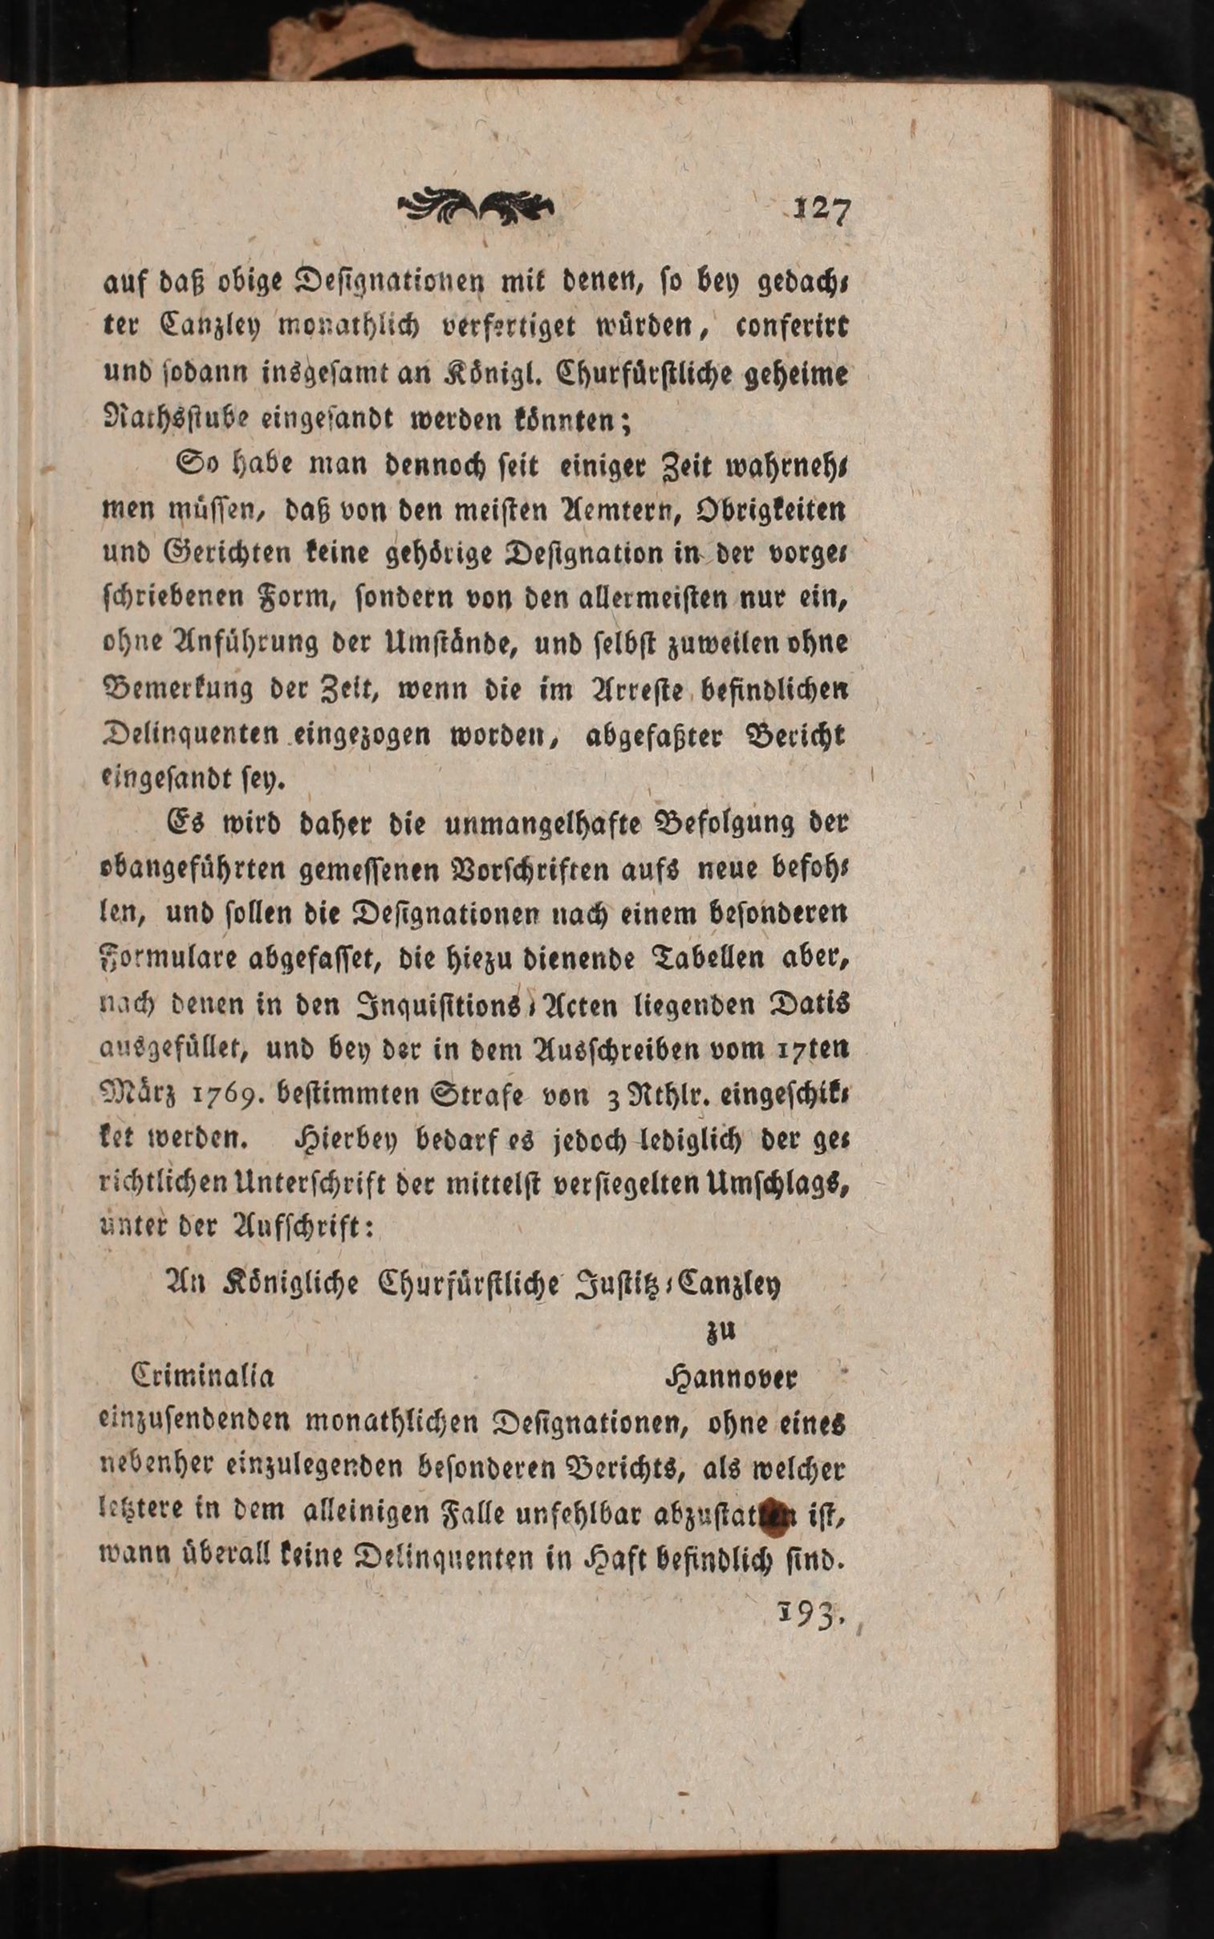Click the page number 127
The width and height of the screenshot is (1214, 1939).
pos(821,210)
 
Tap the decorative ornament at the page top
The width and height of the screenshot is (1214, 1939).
pos(475,207)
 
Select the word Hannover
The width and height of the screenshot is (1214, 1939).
pos(731,1377)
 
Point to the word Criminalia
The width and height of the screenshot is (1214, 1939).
pos(202,1376)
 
